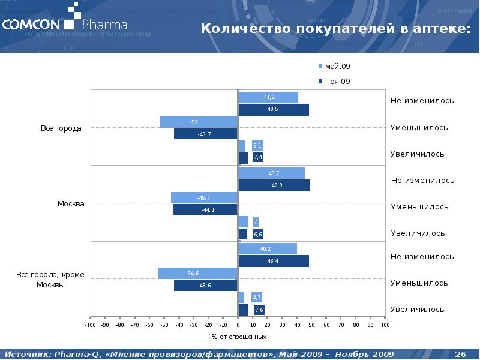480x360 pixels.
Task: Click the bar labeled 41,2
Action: pyautogui.click(x=268, y=97)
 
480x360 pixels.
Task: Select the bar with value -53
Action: pyautogui.click(x=199, y=122)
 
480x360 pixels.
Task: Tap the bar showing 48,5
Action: pyautogui.click(x=274, y=109)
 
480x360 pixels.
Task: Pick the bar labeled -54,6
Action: pyautogui.click(x=197, y=274)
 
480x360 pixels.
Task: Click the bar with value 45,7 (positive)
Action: pyautogui.click(x=271, y=173)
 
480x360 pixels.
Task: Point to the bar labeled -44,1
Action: pyautogui.click(x=205, y=209)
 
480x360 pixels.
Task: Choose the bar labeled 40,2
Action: pyautogui.click(x=268, y=249)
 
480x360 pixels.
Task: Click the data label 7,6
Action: pyautogui.click(x=259, y=310)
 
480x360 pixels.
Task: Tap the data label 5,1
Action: pyautogui.click(x=257, y=146)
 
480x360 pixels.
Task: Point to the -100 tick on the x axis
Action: pyautogui.click(x=90, y=325)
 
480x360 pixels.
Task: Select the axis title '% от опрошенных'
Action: pyautogui.click(x=238, y=337)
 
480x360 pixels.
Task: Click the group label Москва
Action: pyautogui.click(x=71, y=204)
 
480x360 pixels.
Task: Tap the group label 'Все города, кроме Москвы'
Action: pyautogui.click(x=50, y=280)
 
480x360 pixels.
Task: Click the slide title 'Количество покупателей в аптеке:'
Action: pyautogui.click(x=334, y=28)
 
